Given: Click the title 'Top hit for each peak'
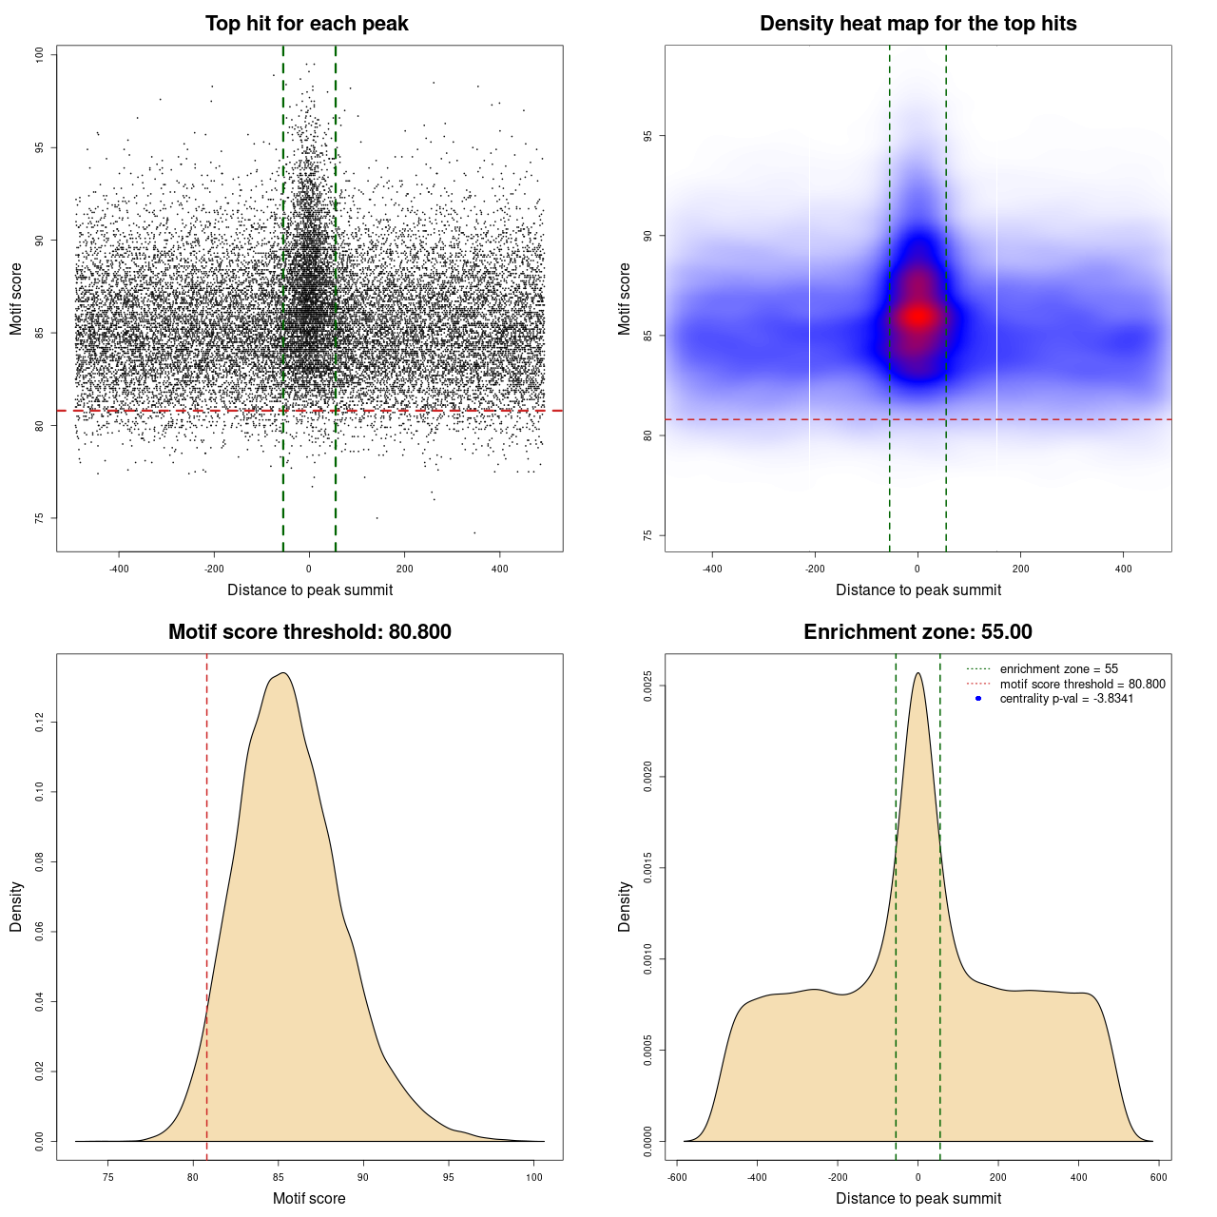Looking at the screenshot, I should pyautogui.click(x=306, y=24).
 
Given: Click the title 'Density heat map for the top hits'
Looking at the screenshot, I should pyautogui.click(x=918, y=24).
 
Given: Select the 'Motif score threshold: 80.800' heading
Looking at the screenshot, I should pyautogui.click(x=309, y=632).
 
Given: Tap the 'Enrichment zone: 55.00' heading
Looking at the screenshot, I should pyautogui.click(x=918, y=632).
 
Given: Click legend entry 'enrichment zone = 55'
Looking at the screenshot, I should pyautogui.click(x=1058, y=669).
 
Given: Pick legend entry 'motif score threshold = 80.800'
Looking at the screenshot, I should pyautogui.click(x=1082, y=684).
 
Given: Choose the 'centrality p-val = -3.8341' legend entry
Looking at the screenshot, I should pyautogui.click(x=1066, y=699).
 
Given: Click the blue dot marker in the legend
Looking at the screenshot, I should pyautogui.click(x=978, y=699).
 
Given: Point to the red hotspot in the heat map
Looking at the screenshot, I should pyautogui.click(x=918, y=317).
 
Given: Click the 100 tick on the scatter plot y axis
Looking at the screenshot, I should pyautogui.click(x=39, y=55).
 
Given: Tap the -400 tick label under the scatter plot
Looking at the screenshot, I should pyautogui.click(x=119, y=569).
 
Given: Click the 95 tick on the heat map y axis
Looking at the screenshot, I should pyautogui.click(x=647, y=136).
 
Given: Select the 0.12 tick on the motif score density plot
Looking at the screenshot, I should pyautogui.click(x=39, y=723).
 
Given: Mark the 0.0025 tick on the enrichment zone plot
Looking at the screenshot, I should pyautogui.click(x=647, y=686).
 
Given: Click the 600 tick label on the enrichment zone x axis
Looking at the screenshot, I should pyautogui.click(x=1158, y=1177).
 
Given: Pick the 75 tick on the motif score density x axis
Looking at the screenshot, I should pyautogui.click(x=107, y=1177).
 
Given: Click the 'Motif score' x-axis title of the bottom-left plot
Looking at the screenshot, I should pyautogui.click(x=309, y=1198).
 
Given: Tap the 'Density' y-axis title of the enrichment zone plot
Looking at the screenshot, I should pyautogui.click(x=625, y=906).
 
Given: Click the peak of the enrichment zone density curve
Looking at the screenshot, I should pyautogui.click(x=918, y=674).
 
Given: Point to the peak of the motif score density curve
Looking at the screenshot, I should pyautogui.click(x=282, y=674).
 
